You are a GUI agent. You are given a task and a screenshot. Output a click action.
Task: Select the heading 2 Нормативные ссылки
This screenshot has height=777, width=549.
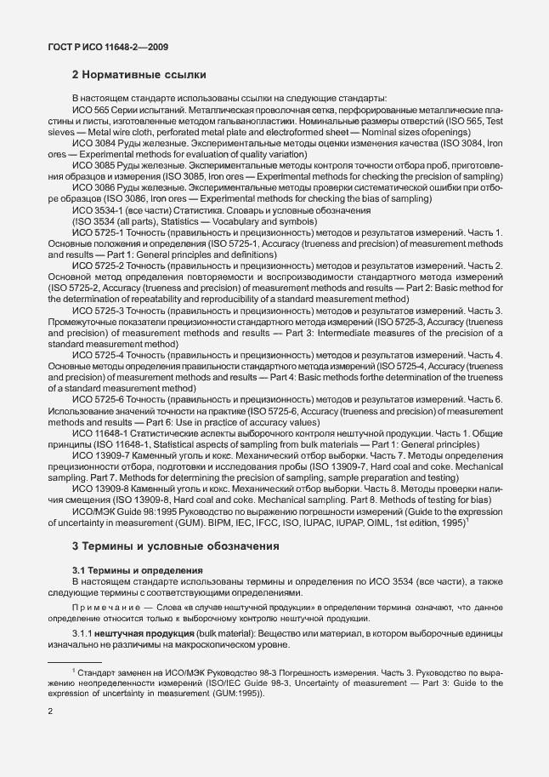click(x=139, y=75)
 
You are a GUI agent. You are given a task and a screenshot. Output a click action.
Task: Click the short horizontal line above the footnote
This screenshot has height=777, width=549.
click(x=74, y=661)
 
